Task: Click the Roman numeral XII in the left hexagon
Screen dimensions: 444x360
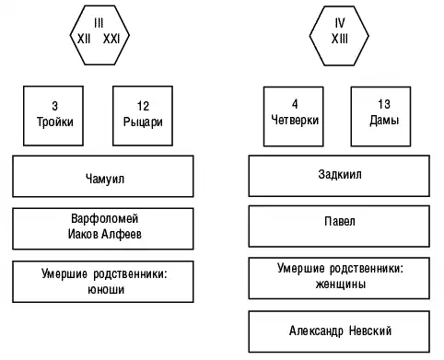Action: (x=84, y=39)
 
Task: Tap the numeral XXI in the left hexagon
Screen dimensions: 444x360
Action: (x=111, y=39)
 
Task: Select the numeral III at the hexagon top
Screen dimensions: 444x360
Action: (x=99, y=23)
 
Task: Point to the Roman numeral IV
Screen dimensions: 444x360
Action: (x=340, y=23)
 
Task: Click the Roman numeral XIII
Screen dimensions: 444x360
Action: (x=340, y=39)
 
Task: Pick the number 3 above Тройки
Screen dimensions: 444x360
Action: (x=54, y=106)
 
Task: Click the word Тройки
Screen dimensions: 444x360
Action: (x=55, y=122)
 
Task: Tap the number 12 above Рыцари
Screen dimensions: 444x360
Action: (x=143, y=106)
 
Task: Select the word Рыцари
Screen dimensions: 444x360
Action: (x=143, y=122)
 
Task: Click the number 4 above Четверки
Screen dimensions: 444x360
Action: (x=295, y=104)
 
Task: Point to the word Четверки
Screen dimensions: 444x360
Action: (x=295, y=120)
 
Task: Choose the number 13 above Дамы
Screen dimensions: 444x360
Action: (x=384, y=104)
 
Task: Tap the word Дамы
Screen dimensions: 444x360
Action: (x=384, y=120)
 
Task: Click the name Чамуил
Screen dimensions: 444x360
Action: (x=105, y=179)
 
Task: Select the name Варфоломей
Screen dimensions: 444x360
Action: (x=105, y=218)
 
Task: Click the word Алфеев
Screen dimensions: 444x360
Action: (x=122, y=234)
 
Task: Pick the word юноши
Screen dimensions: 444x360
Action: (x=106, y=290)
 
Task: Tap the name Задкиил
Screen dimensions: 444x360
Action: (x=340, y=174)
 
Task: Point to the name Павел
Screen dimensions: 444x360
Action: (x=340, y=221)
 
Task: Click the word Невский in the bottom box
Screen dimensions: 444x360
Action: (x=370, y=331)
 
